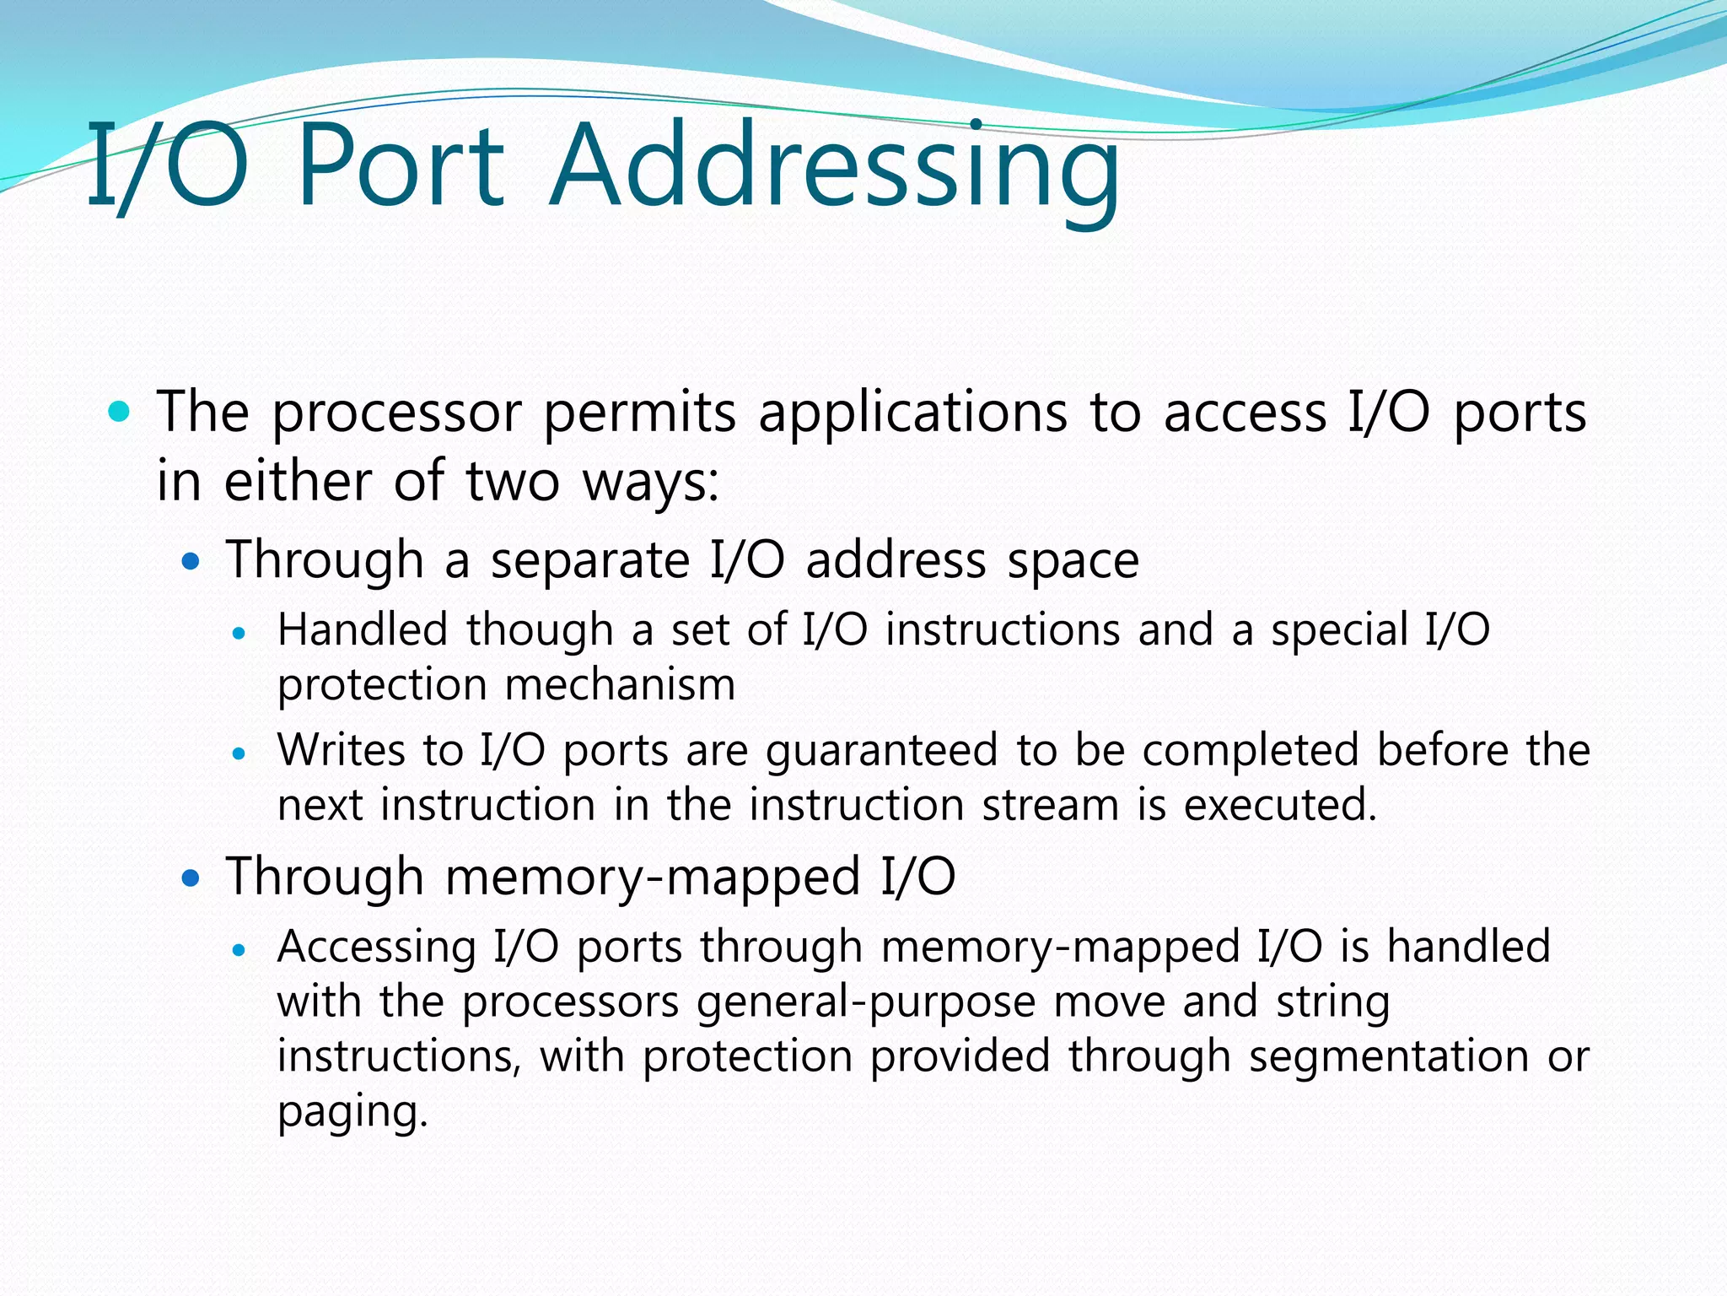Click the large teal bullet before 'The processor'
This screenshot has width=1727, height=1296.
(120, 412)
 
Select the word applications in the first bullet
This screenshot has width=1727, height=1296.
(913, 413)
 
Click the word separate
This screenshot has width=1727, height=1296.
(590, 561)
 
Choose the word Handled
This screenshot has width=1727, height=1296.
(363, 630)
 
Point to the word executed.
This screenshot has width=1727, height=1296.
(1280, 805)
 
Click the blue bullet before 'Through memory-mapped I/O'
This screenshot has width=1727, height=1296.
(191, 877)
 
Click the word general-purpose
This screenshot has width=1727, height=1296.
(866, 1003)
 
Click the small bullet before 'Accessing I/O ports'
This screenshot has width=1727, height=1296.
(239, 950)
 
